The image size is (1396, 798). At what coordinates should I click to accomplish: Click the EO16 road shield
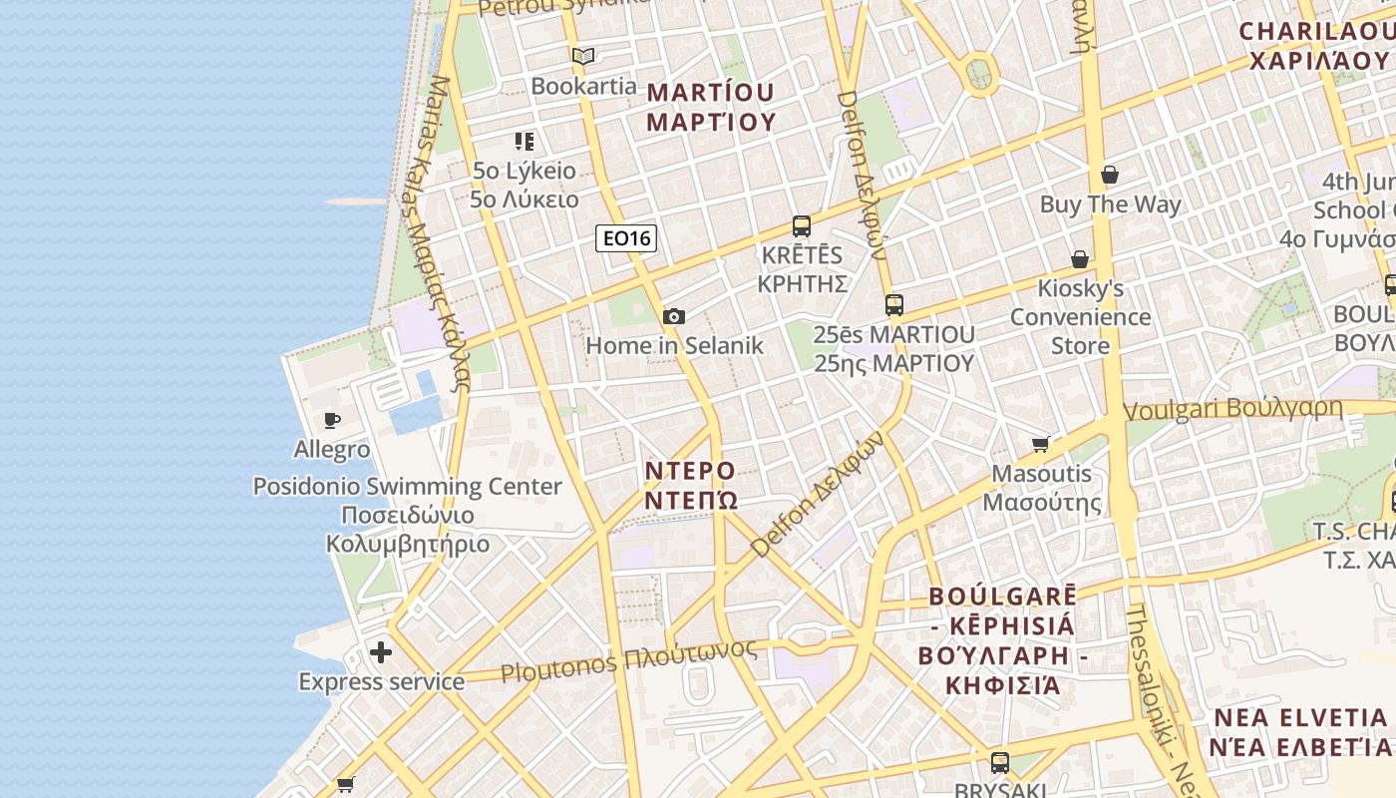626,238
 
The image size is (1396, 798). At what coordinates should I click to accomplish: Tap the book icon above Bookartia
583,57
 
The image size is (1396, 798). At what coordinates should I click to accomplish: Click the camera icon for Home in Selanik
674,317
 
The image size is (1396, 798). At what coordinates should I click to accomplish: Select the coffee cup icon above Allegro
332,420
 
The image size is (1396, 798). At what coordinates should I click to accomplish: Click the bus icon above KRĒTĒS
802,226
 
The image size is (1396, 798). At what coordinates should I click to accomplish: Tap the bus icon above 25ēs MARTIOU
894,305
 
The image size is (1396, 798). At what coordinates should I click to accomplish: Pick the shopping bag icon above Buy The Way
1110,176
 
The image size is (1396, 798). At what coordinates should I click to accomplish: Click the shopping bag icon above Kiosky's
1080,259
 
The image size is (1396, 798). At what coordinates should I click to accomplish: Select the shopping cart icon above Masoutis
1041,444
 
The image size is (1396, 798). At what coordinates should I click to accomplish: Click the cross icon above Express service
381,653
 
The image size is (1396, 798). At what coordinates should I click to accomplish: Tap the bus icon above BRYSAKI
1000,763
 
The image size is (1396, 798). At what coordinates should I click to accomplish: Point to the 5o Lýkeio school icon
524,142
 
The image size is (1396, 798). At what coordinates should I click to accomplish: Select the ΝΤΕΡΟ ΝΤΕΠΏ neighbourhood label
690,484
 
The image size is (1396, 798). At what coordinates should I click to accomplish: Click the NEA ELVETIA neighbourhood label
1299,731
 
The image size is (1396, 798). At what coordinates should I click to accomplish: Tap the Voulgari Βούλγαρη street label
1232,409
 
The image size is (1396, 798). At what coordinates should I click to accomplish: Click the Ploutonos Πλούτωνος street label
628,661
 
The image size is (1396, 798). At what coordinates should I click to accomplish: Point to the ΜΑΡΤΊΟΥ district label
710,107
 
